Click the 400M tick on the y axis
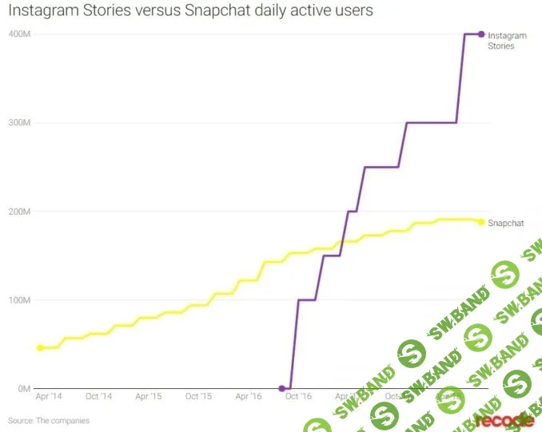point(18,34)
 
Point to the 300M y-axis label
point(18,123)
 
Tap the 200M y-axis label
point(18,212)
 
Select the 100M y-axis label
point(18,300)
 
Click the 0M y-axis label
point(23,389)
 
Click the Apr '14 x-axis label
point(49,396)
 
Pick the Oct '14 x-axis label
point(98,396)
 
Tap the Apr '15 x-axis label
point(149,396)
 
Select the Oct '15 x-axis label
point(198,396)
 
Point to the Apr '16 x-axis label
point(249,396)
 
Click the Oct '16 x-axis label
point(298,396)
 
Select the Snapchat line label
point(505,223)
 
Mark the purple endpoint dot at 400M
point(481,34)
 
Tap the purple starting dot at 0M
point(281,389)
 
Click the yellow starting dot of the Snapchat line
point(39,348)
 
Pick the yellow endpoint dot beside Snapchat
point(481,222)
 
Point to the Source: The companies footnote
point(49,420)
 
